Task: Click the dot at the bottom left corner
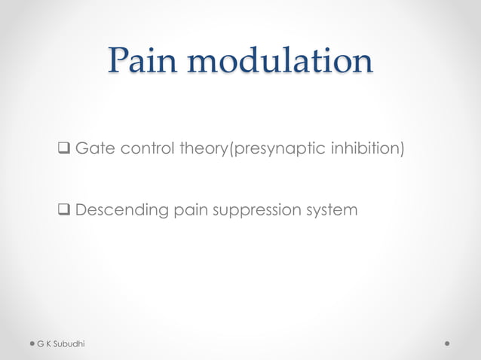(32, 343)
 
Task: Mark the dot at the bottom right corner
(448, 343)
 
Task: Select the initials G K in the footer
(45, 343)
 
